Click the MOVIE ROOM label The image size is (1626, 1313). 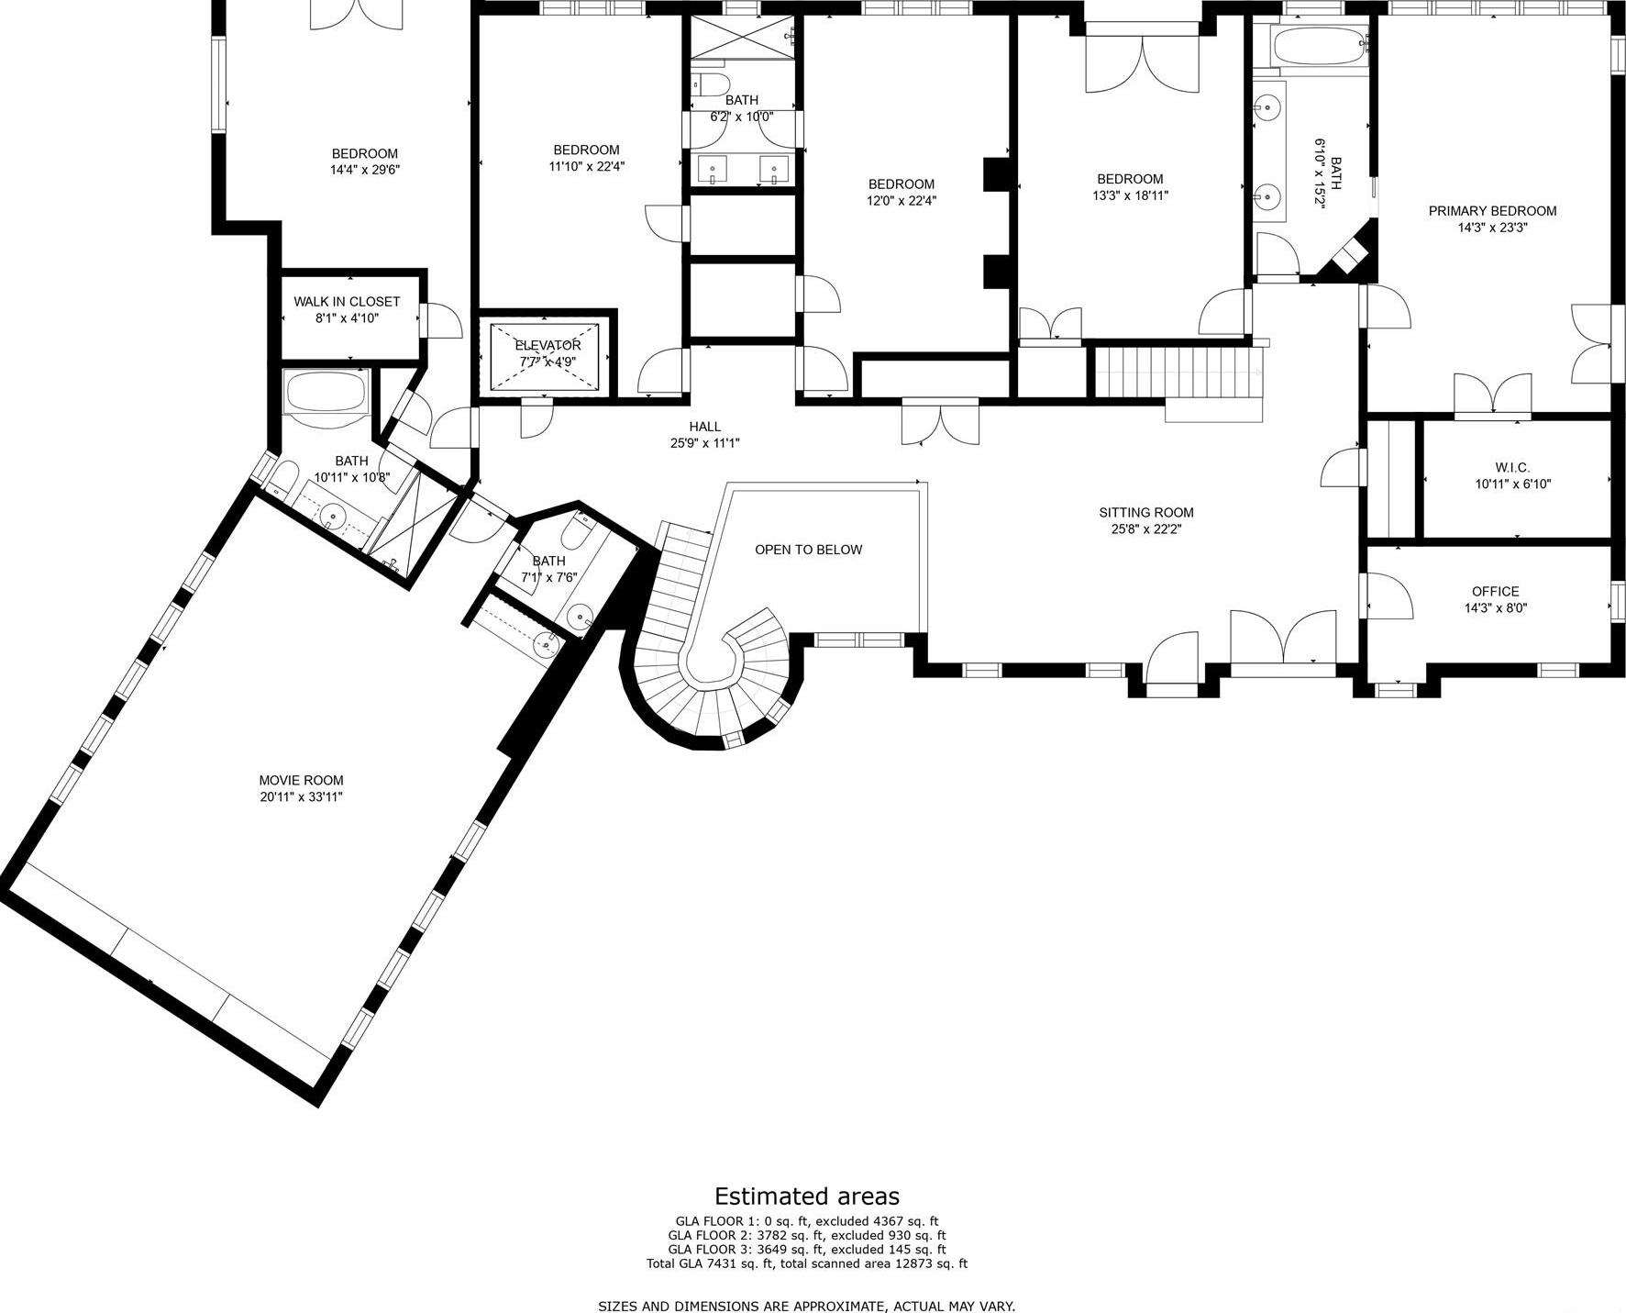point(301,780)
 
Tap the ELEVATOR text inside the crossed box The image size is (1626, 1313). point(548,345)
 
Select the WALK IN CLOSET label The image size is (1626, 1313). point(347,301)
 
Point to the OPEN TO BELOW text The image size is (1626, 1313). point(808,550)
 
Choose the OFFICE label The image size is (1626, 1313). point(1495,591)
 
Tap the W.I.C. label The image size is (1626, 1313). point(1512,467)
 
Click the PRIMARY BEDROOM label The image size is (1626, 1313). point(1492,210)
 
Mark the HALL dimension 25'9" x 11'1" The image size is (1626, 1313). point(704,443)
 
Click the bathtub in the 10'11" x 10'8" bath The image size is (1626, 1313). point(326,393)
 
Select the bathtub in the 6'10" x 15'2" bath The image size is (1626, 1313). point(1319,46)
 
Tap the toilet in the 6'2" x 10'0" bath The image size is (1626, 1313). point(709,84)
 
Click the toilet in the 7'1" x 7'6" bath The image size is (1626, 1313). point(579,531)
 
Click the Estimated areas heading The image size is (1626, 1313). point(806,1196)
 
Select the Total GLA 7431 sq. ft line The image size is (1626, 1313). point(806,1263)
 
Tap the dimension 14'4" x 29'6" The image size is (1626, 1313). point(365,170)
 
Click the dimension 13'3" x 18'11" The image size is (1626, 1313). point(1130,195)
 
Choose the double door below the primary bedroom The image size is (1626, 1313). point(1492,395)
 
